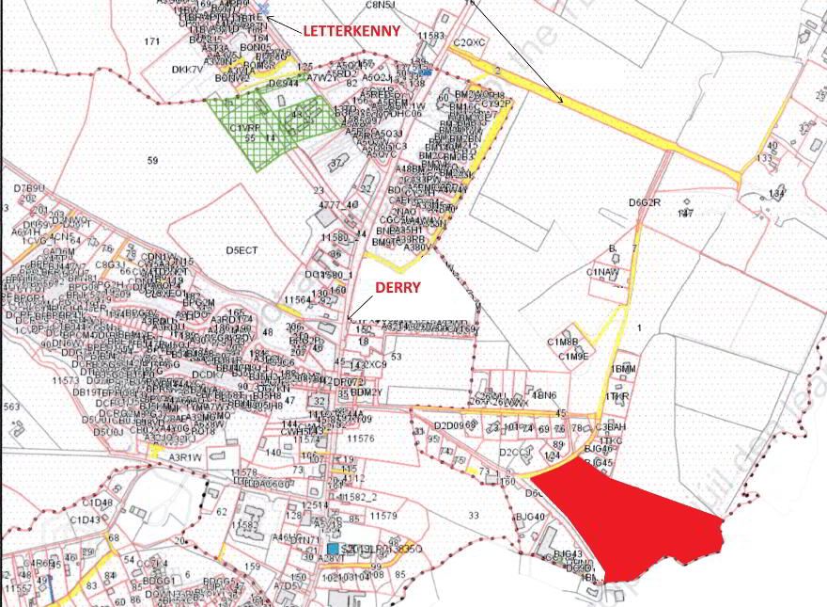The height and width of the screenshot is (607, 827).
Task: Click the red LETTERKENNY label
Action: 351,31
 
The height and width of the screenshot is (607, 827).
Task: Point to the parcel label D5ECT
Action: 241,250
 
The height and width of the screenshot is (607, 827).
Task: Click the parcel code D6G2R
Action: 645,202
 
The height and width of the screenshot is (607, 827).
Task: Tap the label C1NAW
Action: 602,272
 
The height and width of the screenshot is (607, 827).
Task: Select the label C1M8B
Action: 563,342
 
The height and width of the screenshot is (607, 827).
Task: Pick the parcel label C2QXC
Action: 469,43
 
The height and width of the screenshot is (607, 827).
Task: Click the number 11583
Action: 430,36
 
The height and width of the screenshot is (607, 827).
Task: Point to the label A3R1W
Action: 185,457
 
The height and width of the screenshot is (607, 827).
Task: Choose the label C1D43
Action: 84,519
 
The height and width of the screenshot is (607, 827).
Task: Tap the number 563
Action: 11,407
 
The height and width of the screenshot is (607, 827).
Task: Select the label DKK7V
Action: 187,70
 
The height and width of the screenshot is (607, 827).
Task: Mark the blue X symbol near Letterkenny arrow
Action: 263,8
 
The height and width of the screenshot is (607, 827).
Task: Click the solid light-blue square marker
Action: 333,548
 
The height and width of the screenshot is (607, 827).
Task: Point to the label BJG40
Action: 530,517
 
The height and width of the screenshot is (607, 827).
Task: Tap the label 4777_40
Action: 338,204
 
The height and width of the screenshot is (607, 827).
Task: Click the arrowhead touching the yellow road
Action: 561,101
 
